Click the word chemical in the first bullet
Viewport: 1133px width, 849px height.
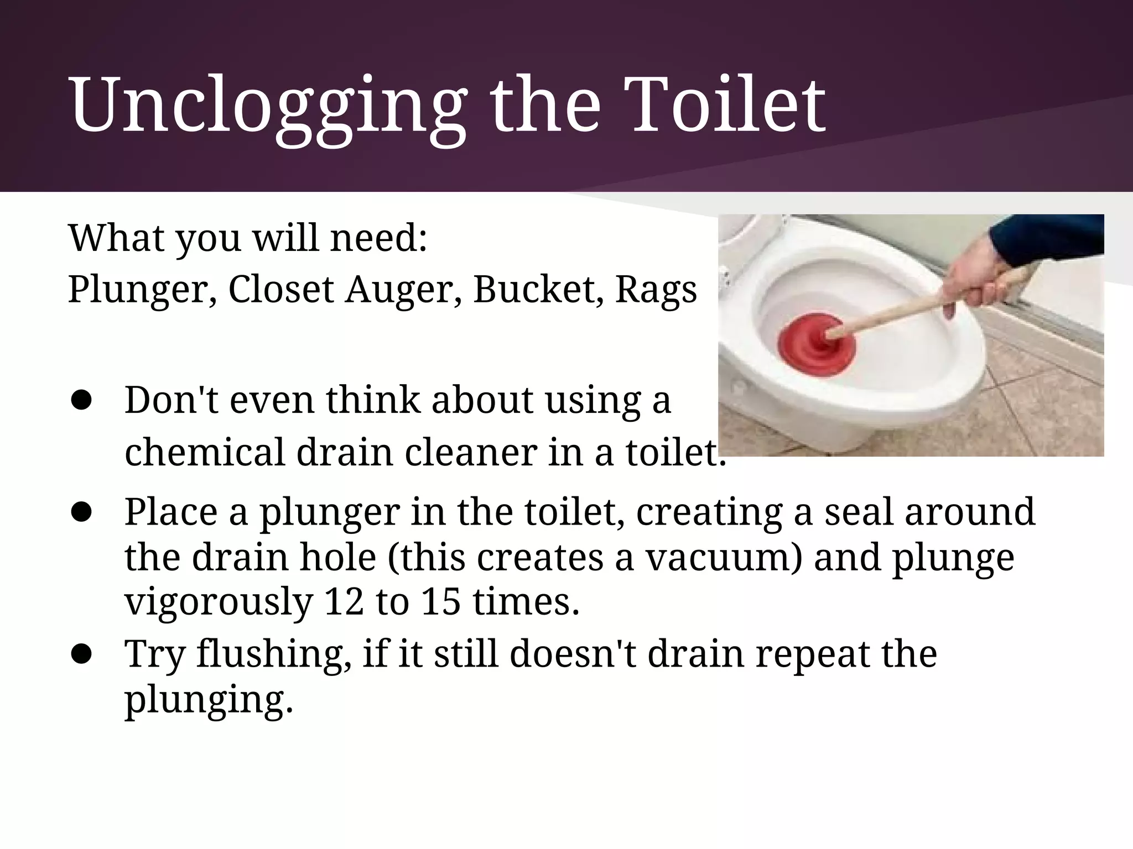pos(204,452)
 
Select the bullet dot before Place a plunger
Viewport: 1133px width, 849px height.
pos(81,512)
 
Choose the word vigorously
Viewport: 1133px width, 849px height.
pos(219,602)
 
